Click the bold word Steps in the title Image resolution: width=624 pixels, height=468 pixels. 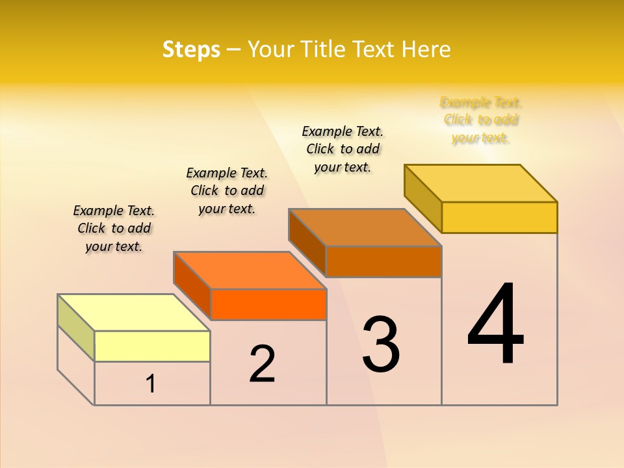(x=191, y=50)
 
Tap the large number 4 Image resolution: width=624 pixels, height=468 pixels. (x=495, y=325)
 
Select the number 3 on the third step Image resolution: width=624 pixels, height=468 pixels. (x=380, y=345)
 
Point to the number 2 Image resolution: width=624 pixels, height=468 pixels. (x=262, y=364)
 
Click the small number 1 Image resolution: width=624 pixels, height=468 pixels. (x=150, y=384)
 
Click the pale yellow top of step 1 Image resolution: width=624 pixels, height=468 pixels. (x=134, y=313)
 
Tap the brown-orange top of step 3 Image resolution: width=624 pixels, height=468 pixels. (x=365, y=227)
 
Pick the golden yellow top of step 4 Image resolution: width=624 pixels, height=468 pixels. (x=480, y=183)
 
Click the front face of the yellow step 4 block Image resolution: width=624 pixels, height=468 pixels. (x=499, y=217)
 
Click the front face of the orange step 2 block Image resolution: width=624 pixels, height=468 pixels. (x=268, y=304)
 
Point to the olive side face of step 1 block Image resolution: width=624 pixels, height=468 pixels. (x=76, y=328)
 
